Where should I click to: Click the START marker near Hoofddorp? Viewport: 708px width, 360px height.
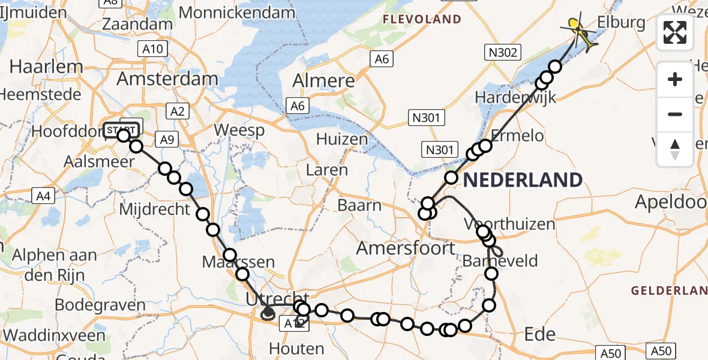click(x=123, y=129)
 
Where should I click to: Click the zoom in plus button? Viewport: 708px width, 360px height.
click(x=675, y=79)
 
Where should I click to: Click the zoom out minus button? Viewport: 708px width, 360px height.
click(x=675, y=114)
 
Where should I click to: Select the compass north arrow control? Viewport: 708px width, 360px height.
click(x=675, y=149)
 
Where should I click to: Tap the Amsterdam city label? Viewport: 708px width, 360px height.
click(x=167, y=79)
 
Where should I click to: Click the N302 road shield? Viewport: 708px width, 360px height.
click(x=502, y=53)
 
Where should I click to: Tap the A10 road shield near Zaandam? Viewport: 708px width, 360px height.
click(x=153, y=49)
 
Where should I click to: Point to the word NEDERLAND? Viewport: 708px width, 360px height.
click(x=523, y=179)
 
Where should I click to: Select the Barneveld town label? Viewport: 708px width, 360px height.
click(x=500, y=261)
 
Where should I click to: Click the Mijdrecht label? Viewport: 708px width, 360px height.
click(x=155, y=210)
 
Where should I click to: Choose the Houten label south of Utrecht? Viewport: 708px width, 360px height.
click(x=296, y=348)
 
